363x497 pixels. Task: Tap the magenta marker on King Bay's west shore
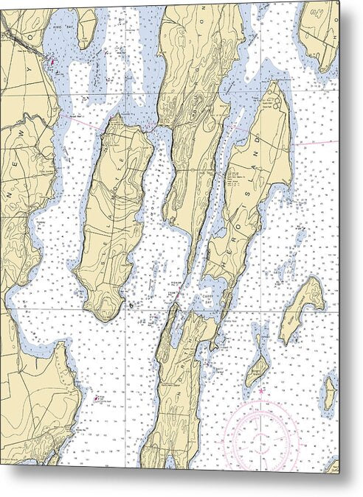click(52, 62)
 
